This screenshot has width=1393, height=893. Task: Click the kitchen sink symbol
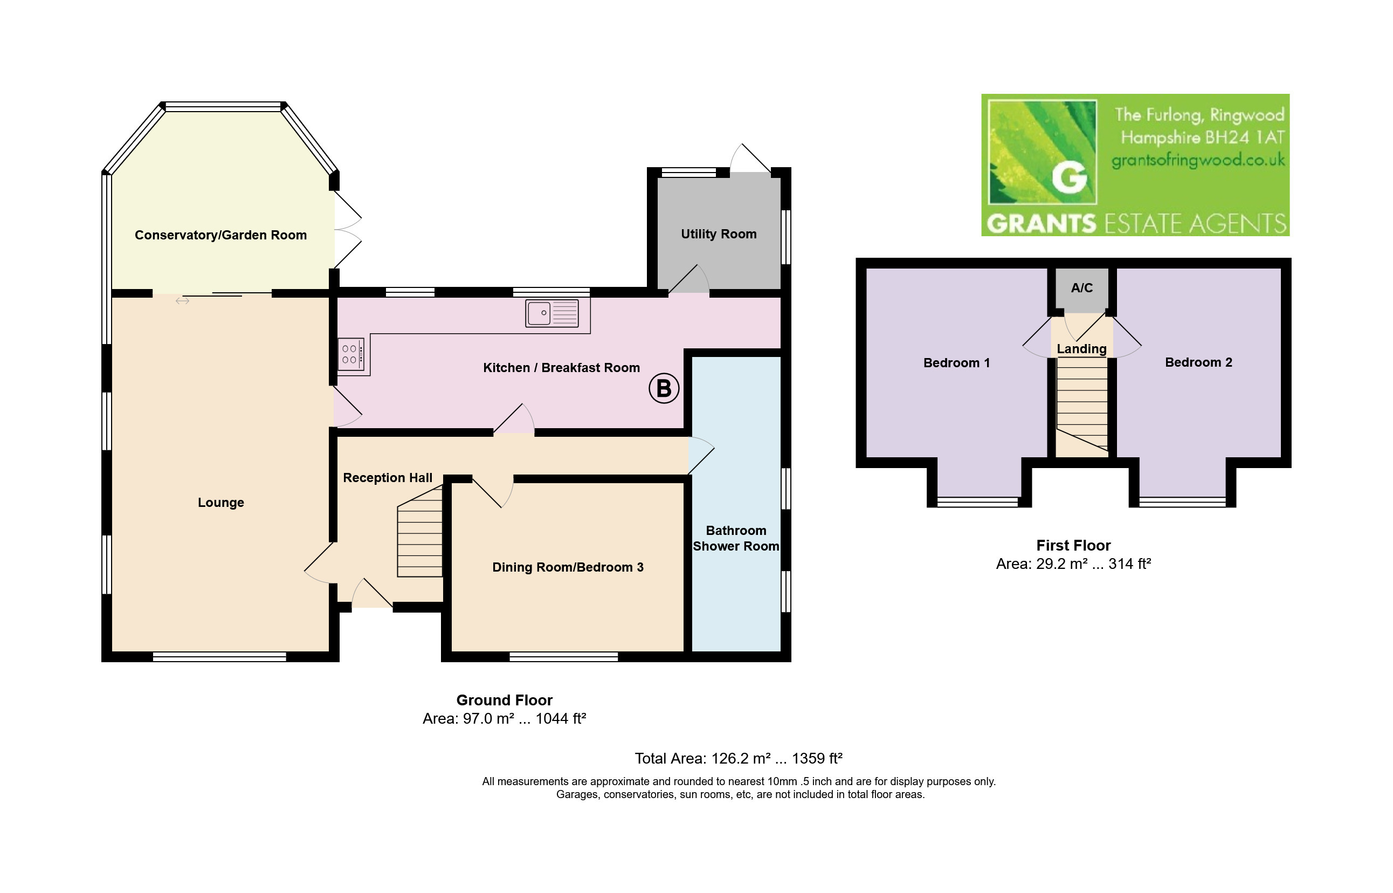(552, 313)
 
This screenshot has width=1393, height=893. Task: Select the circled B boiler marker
(664, 388)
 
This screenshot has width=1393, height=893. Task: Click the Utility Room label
(719, 233)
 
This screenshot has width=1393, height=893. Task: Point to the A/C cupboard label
(1082, 287)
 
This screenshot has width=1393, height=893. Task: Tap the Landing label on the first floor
(1082, 349)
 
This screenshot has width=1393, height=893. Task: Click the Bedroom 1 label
(956, 363)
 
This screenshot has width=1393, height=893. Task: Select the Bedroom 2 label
(1199, 362)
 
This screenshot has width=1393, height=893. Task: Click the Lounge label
(221, 503)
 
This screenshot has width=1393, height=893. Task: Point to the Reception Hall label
(388, 478)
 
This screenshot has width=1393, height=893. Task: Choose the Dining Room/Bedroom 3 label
(568, 567)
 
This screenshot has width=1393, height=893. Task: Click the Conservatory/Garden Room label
(221, 235)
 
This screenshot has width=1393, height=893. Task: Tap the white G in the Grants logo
(1070, 176)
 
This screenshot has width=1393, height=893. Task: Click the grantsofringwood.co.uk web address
(1198, 161)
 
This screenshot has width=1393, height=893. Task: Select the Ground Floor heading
(505, 700)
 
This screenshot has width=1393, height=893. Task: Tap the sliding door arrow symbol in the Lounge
(183, 301)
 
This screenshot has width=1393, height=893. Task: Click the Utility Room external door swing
(750, 157)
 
